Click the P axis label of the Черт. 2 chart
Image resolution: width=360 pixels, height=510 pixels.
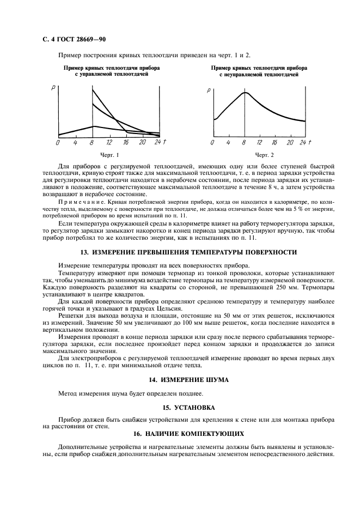[x=209, y=90]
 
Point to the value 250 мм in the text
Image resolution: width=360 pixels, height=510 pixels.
[x=288, y=288]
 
